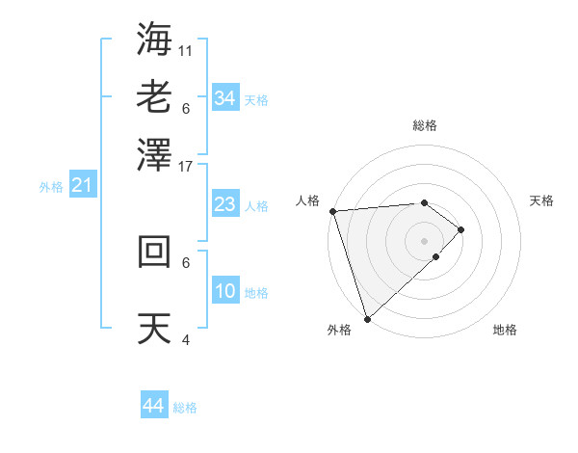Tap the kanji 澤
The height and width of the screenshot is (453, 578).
point(155,154)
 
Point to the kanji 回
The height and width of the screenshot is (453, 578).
point(155,251)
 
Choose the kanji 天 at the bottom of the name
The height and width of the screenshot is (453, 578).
point(155,329)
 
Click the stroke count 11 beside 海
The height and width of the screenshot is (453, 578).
point(186,50)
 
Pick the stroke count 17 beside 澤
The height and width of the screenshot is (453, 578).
point(186,166)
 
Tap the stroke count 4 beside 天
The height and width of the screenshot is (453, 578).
point(186,339)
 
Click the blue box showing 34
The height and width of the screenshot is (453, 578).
point(224,97)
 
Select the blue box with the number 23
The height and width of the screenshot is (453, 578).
point(224,204)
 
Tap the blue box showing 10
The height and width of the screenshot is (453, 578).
point(224,291)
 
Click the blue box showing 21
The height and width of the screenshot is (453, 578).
point(81,185)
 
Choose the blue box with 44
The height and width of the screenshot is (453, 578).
point(153,406)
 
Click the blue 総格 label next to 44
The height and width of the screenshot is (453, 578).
point(185,408)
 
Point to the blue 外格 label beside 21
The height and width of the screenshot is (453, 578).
point(51,187)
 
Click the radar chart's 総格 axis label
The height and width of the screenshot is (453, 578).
point(425,125)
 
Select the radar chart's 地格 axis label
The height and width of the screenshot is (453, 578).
point(505,331)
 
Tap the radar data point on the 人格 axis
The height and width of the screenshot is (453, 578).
point(332,211)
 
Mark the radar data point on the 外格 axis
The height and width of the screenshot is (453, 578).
point(367,317)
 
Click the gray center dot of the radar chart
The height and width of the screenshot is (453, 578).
point(425,240)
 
